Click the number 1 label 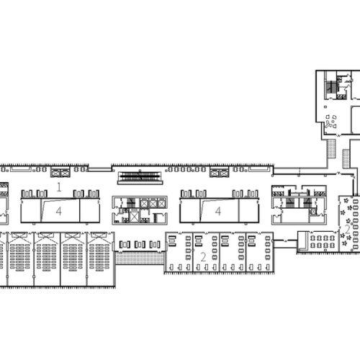pyautogui.click(x=59, y=187)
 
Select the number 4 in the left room pyautogui.click(x=59, y=211)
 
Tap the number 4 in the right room pyautogui.click(x=218, y=211)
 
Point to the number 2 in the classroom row pyautogui.click(x=203, y=257)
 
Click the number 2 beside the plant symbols pyautogui.click(x=348, y=229)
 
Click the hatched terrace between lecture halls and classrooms pyautogui.click(x=140, y=258)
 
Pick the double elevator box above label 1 pyautogui.click(x=60, y=173)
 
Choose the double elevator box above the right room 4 pyautogui.click(x=220, y=173)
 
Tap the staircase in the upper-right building pyautogui.click(x=331, y=88)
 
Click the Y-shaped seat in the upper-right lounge pyautogui.click(x=330, y=125)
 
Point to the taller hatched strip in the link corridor pyautogui.click(x=332, y=148)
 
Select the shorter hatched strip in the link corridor pyautogui.click(x=346, y=158)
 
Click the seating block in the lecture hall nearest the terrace pyautogui.click(x=99, y=257)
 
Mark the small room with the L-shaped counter pyautogui.click(x=303, y=241)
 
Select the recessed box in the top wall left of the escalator pyautogui.click(x=100, y=169)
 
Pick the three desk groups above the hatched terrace pyautogui.click(x=140, y=245)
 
